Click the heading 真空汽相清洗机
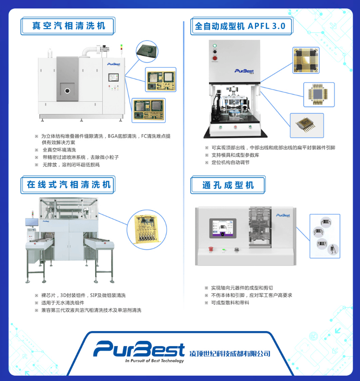(68, 26)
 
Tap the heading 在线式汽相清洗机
(68, 185)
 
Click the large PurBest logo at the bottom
(138, 348)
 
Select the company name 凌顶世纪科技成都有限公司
(230, 353)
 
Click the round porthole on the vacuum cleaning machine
(67, 91)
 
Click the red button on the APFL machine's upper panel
(215, 58)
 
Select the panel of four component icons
(324, 236)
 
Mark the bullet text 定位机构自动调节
(230, 162)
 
